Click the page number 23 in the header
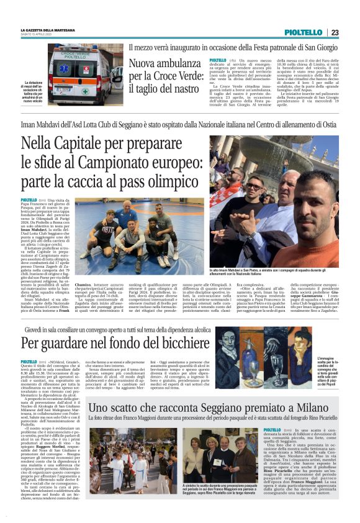335,32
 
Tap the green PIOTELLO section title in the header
304,32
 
